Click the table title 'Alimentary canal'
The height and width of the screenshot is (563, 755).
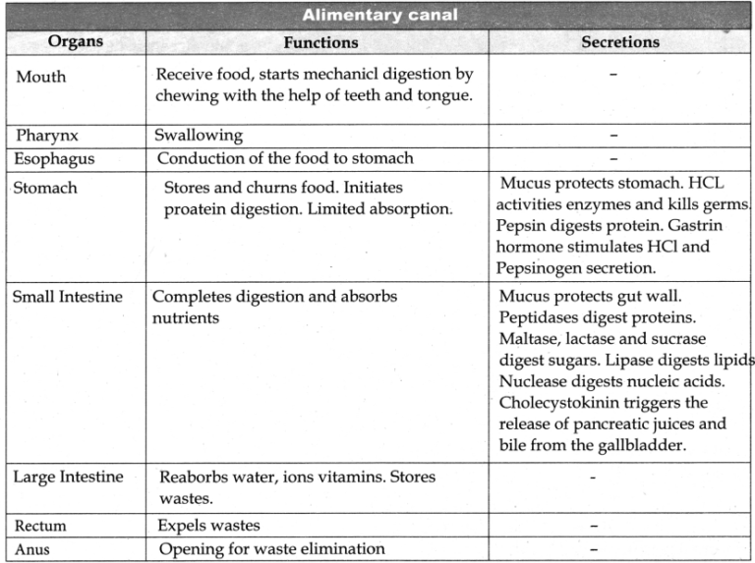coord(377,16)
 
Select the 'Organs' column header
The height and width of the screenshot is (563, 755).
coord(75,42)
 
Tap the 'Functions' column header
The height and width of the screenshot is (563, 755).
coord(320,42)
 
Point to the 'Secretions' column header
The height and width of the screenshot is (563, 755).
coord(620,42)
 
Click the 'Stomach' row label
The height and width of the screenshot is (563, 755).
coord(44,187)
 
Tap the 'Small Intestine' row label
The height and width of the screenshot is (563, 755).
coord(67,296)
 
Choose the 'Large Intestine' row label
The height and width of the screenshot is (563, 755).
coord(68,478)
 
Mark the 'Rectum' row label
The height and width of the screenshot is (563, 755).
coord(40,526)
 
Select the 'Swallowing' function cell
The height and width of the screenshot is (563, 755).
coord(199,136)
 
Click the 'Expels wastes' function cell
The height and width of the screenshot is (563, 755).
coord(208,526)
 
